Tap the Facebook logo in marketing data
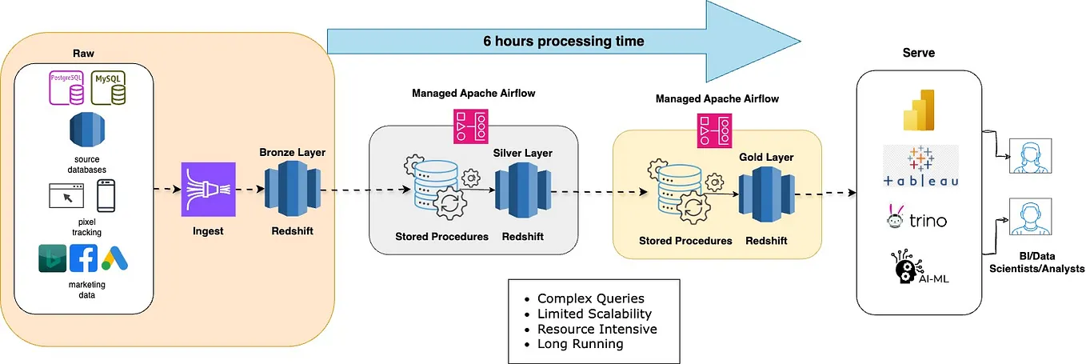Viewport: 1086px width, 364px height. pyautogui.click(x=83, y=258)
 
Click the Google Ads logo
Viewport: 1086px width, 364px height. pyautogui.click(x=114, y=258)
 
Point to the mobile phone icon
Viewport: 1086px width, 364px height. pyautogui.click(x=108, y=197)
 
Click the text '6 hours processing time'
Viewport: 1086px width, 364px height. pyautogui.click(x=563, y=41)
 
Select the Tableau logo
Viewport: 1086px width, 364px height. pyautogui.click(x=920, y=166)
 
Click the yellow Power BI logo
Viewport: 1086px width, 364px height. pyautogui.click(x=920, y=109)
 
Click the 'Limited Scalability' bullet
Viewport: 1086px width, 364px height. pyautogui.click(x=594, y=314)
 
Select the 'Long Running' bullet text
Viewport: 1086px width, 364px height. pyautogui.click(x=580, y=344)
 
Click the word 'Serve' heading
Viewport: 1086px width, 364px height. pyautogui.click(x=919, y=53)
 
